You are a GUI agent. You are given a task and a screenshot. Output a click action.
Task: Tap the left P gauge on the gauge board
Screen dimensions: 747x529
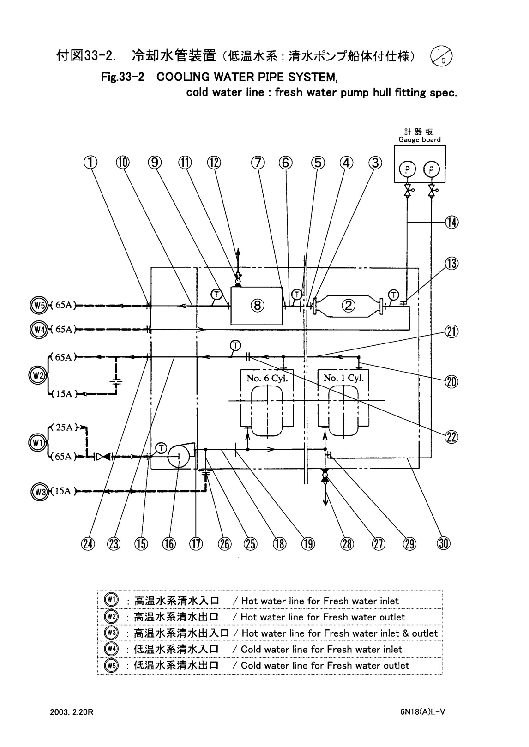coord(407,170)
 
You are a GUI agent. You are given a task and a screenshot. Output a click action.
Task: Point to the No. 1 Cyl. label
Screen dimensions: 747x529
coord(343,378)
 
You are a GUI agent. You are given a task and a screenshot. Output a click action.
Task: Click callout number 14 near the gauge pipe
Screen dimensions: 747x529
coord(451,223)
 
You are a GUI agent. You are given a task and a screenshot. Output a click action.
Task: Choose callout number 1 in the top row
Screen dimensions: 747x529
coord(91,163)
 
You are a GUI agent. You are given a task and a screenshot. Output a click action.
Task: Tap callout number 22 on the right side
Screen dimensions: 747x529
coord(451,437)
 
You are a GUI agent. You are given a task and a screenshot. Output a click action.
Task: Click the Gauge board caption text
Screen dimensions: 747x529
coord(419,139)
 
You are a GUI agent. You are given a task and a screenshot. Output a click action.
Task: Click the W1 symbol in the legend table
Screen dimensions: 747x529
coord(111,600)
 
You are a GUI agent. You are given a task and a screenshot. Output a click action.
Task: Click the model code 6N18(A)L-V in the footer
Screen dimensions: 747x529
coord(422,711)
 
